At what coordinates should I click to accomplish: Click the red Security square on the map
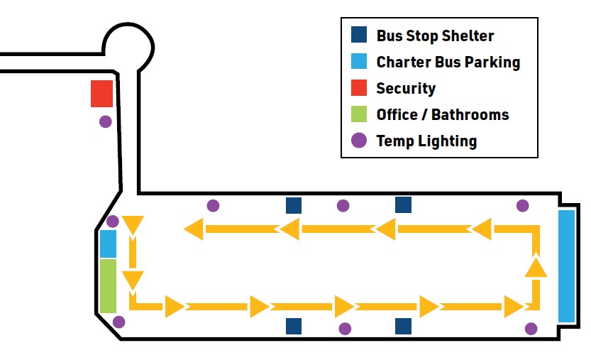(102, 94)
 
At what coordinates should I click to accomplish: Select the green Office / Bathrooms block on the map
(108, 285)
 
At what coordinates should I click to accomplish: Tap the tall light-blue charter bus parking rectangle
(567, 266)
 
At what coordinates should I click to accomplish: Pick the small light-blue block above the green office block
(108, 244)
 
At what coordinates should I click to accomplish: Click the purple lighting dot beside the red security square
(106, 121)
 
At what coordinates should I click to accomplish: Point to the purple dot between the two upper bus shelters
(343, 206)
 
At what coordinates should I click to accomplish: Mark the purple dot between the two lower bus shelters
(345, 328)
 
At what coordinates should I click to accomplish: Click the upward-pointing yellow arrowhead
(536, 266)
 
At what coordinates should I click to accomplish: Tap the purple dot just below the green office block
(119, 322)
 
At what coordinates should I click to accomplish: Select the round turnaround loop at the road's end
(128, 44)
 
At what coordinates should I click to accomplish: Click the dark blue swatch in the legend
(359, 35)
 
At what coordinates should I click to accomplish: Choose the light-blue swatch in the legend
(359, 62)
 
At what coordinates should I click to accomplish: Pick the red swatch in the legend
(359, 88)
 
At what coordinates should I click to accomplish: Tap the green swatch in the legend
(359, 114)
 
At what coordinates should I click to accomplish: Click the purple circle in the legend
(359, 141)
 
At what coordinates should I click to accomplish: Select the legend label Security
(406, 89)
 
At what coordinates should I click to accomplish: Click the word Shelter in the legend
(467, 36)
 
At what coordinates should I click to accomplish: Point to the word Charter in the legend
(402, 62)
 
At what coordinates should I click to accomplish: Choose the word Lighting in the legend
(447, 141)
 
